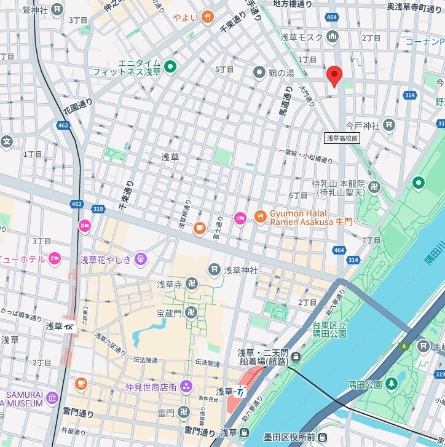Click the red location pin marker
(334, 76)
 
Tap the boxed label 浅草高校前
(342, 138)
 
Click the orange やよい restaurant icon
(208, 17)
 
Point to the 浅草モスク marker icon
(333, 38)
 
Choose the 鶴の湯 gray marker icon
(259, 73)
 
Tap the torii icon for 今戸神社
(388, 125)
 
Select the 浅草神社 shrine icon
(214, 269)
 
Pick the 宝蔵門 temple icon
(191, 312)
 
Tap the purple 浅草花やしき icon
(141, 259)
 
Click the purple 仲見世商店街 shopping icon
(186, 386)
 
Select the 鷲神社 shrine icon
(57, 9)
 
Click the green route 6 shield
(404, 347)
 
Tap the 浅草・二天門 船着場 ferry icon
(296, 357)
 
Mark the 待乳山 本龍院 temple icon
(374, 187)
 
